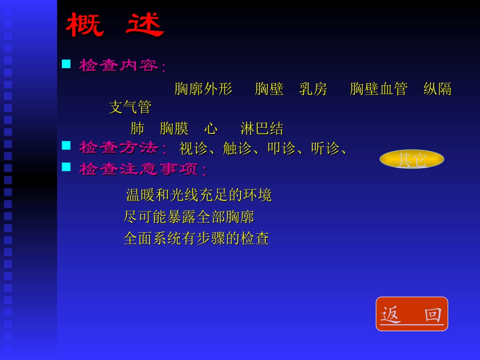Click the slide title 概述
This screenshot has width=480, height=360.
point(115,25)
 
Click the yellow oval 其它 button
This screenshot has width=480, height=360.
point(412,160)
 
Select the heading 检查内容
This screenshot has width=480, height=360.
point(119,65)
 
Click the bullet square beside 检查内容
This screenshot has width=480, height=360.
point(66,64)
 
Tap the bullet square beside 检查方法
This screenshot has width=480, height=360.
point(66,146)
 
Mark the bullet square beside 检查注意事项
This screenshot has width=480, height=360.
point(66,167)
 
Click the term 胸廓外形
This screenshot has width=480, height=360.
point(203,89)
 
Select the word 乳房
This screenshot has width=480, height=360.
point(313,89)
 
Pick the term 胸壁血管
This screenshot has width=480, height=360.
point(378,89)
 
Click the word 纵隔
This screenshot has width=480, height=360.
point(437,89)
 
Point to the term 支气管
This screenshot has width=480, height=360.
point(130,107)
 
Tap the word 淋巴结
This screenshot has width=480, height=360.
point(262,128)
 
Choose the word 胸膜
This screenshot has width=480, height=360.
point(174,128)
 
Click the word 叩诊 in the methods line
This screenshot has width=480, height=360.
point(281,148)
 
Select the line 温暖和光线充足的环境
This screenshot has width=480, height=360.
point(199,194)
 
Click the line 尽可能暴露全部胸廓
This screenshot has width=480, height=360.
point(188,217)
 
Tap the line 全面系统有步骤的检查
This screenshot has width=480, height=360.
point(196,238)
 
